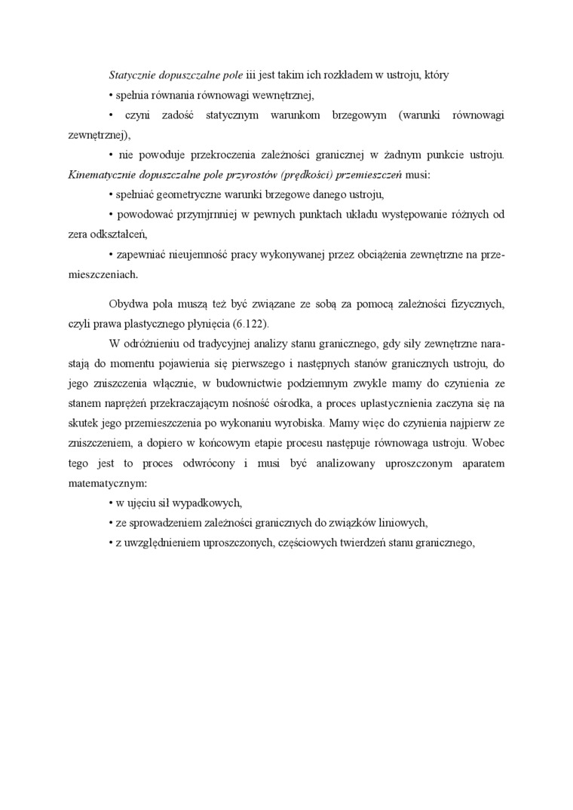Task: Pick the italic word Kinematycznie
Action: [x=102, y=175]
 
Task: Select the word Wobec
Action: [x=488, y=442]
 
